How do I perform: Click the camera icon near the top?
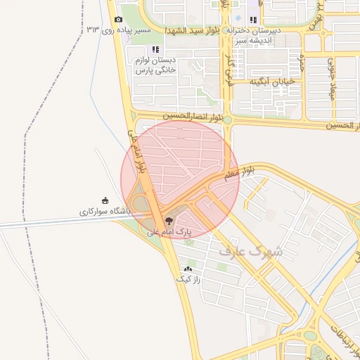click(118, 19)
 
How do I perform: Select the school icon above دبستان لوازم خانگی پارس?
click(155, 49)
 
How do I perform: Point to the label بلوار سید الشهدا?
click(194, 31)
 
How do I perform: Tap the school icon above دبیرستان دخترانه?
click(253, 20)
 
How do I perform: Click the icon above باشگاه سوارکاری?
click(105, 200)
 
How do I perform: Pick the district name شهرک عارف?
click(250, 250)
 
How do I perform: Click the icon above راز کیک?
click(188, 269)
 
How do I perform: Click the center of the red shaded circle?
click(180, 179)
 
